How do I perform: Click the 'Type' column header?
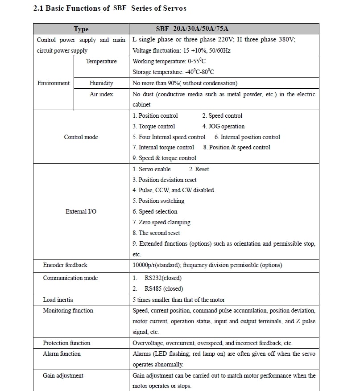coord(81,29)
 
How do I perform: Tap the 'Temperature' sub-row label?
coord(101,61)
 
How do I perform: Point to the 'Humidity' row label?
coord(101,83)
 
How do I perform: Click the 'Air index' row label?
coord(101,94)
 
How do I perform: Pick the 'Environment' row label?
coord(54,83)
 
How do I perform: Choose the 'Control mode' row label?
coord(81,137)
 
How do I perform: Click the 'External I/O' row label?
coord(81,211)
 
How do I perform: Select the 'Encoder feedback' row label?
coord(65,265)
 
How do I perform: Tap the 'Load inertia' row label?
coord(58,300)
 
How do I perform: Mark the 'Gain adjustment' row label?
coord(63,375)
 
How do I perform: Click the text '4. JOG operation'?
coord(223,126)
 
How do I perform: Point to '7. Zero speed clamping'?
coord(161,222)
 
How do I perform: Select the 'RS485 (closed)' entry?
coord(164,288)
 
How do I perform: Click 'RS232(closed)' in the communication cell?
coord(163,278)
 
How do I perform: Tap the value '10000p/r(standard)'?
coord(156,265)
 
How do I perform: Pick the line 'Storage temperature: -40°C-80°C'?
coord(173,72)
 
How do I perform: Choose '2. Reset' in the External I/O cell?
coord(199,169)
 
